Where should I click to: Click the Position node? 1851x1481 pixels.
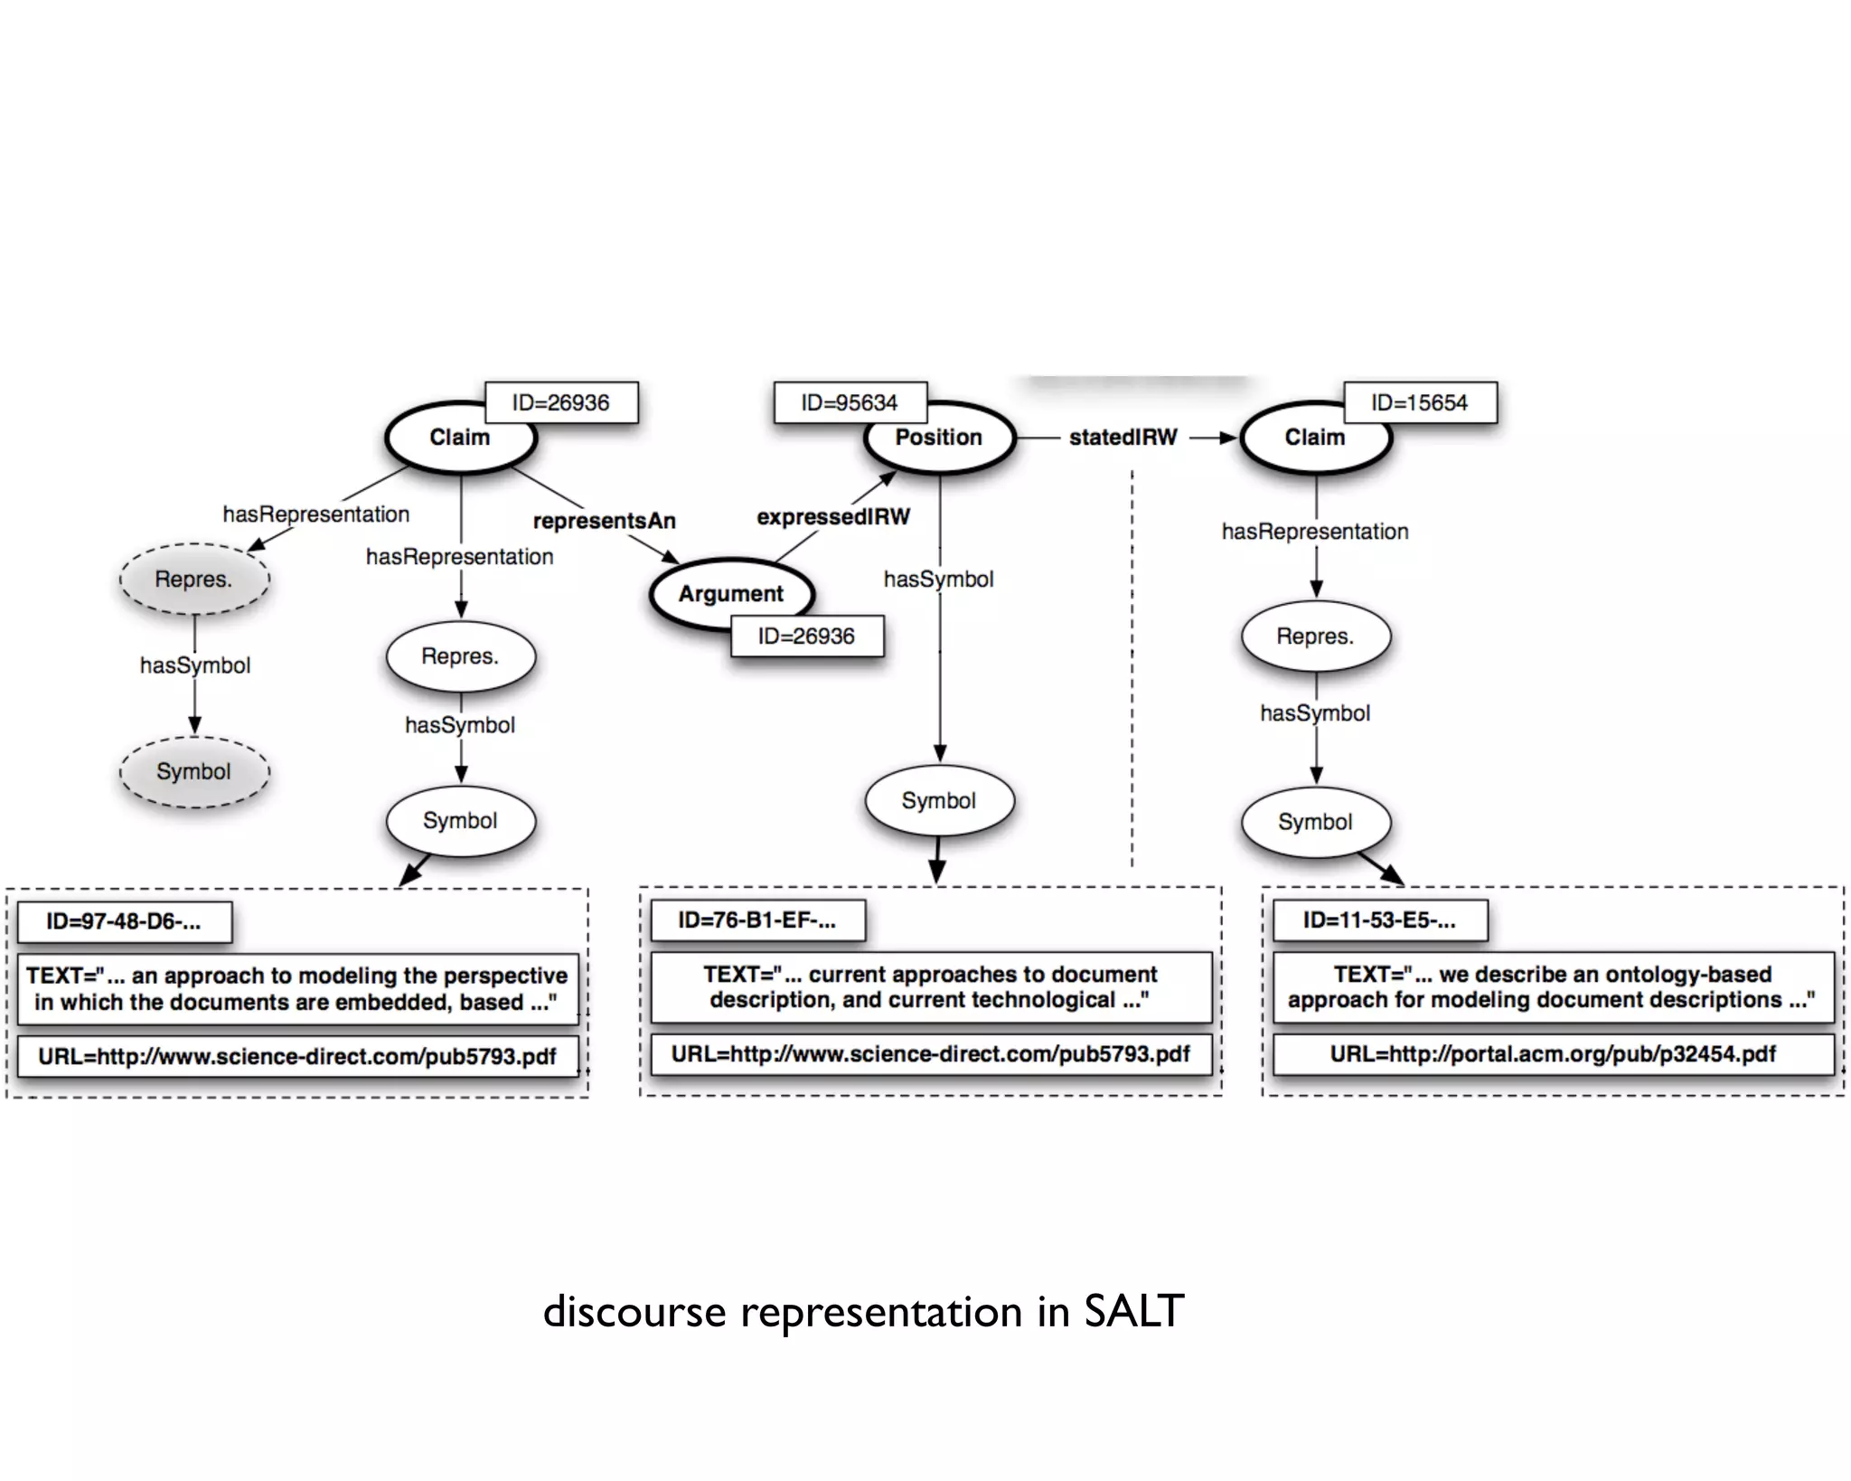point(939,439)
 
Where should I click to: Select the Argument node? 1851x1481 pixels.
point(730,594)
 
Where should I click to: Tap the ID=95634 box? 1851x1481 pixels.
point(850,402)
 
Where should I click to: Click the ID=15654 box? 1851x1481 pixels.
point(1419,402)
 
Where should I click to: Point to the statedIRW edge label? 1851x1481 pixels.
point(1123,438)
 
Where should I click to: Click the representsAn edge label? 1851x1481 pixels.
point(604,521)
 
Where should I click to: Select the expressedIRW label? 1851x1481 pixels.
point(832,517)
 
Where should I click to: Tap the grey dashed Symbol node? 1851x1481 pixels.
point(194,772)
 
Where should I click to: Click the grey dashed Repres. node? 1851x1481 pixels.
point(194,580)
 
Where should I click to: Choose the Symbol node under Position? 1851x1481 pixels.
point(939,801)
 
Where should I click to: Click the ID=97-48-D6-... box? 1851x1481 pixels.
point(124,922)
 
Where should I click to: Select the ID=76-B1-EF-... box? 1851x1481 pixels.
point(756,920)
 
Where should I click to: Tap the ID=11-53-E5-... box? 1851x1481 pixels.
point(1378,920)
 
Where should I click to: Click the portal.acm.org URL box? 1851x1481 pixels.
point(1552,1054)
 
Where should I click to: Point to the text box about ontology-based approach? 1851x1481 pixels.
point(1552,987)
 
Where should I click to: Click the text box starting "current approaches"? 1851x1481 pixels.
point(930,987)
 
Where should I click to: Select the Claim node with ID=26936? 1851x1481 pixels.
point(459,439)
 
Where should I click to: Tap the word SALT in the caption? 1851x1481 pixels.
point(1133,1312)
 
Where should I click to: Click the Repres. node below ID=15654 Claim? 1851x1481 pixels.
point(1315,637)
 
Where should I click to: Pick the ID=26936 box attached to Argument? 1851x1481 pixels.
point(806,637)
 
